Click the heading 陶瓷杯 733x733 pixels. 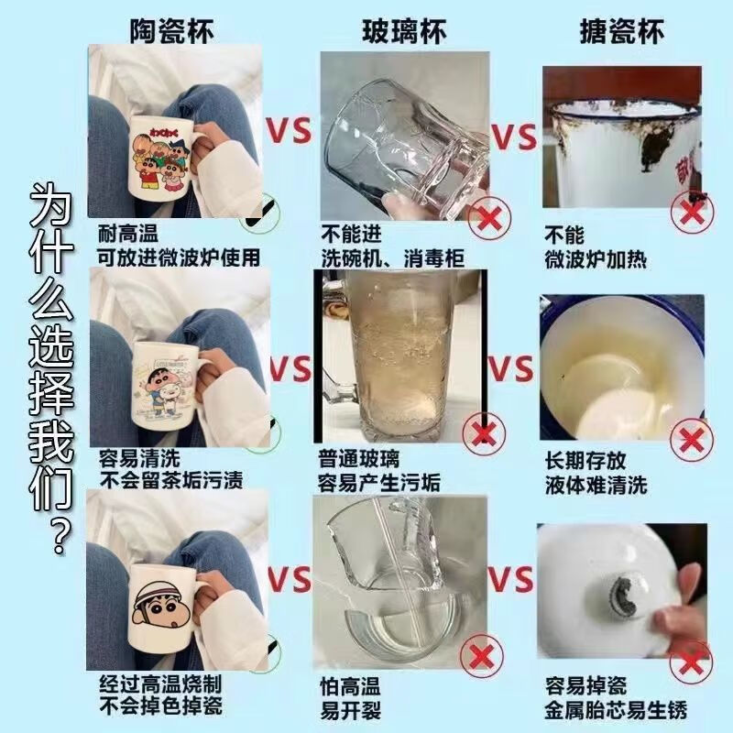pos(171,31)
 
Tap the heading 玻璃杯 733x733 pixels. pos(404,31)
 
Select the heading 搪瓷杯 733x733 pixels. pos(622,31)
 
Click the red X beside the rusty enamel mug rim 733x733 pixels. pos(692,213)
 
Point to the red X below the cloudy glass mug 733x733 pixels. pos(484,434)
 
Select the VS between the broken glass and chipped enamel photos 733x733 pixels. pos(510,579)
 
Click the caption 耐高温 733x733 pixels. pos(128,234)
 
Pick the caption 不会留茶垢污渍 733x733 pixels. pos(170,479)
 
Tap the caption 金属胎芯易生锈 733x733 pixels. pos(616,711)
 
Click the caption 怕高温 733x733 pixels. pos(350,686)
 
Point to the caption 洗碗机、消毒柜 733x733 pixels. pos(393,258)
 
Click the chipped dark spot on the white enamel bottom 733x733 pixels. pos(623,596)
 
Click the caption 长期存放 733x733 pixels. pos(585,461)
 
